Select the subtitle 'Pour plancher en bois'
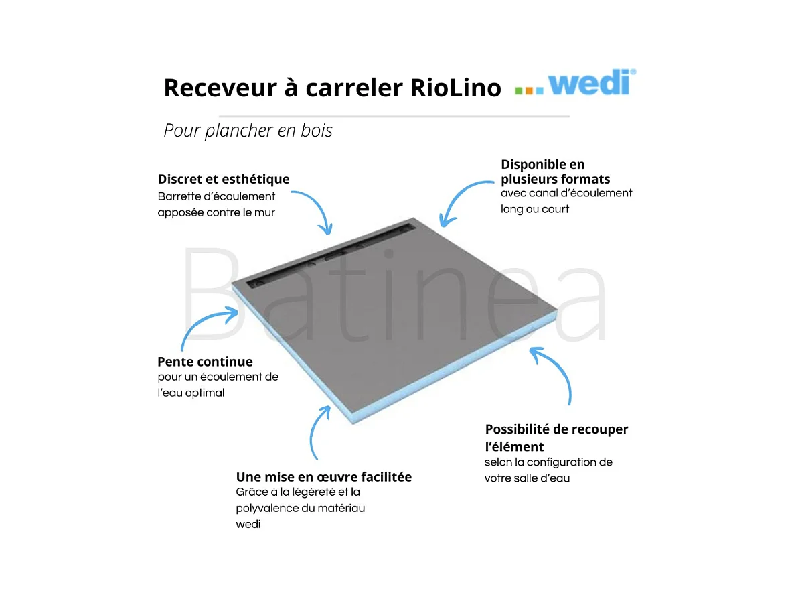coord(248,130)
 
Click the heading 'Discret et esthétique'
coord(224,179)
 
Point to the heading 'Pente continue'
coord(205,362)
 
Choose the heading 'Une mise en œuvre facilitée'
coord(324,477)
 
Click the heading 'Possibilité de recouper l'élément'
coord(556,437)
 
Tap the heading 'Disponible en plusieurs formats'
coord(555,172)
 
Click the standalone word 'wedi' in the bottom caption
coord(248,524)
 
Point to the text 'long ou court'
coord(534,209)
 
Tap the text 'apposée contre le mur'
coord(216,213)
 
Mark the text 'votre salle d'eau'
coord(527,478)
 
